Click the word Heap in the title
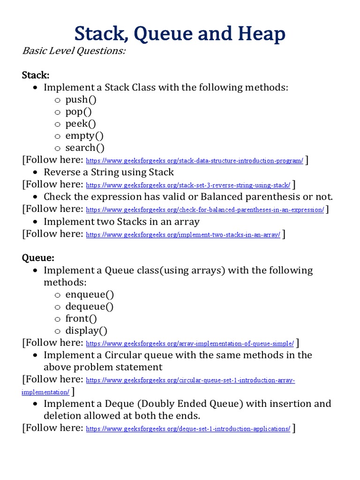261,35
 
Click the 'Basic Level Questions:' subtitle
74,51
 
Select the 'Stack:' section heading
36,75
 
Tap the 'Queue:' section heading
38,258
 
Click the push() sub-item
83,99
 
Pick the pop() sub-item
79,112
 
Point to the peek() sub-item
81,124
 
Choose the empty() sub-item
84,136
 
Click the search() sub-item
85,148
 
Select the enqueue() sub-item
90,294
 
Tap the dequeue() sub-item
90,307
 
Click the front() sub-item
81,319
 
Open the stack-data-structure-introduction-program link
195,161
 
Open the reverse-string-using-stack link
188,185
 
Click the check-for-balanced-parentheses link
205,210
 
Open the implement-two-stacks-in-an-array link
183,235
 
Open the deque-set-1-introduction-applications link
188,429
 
